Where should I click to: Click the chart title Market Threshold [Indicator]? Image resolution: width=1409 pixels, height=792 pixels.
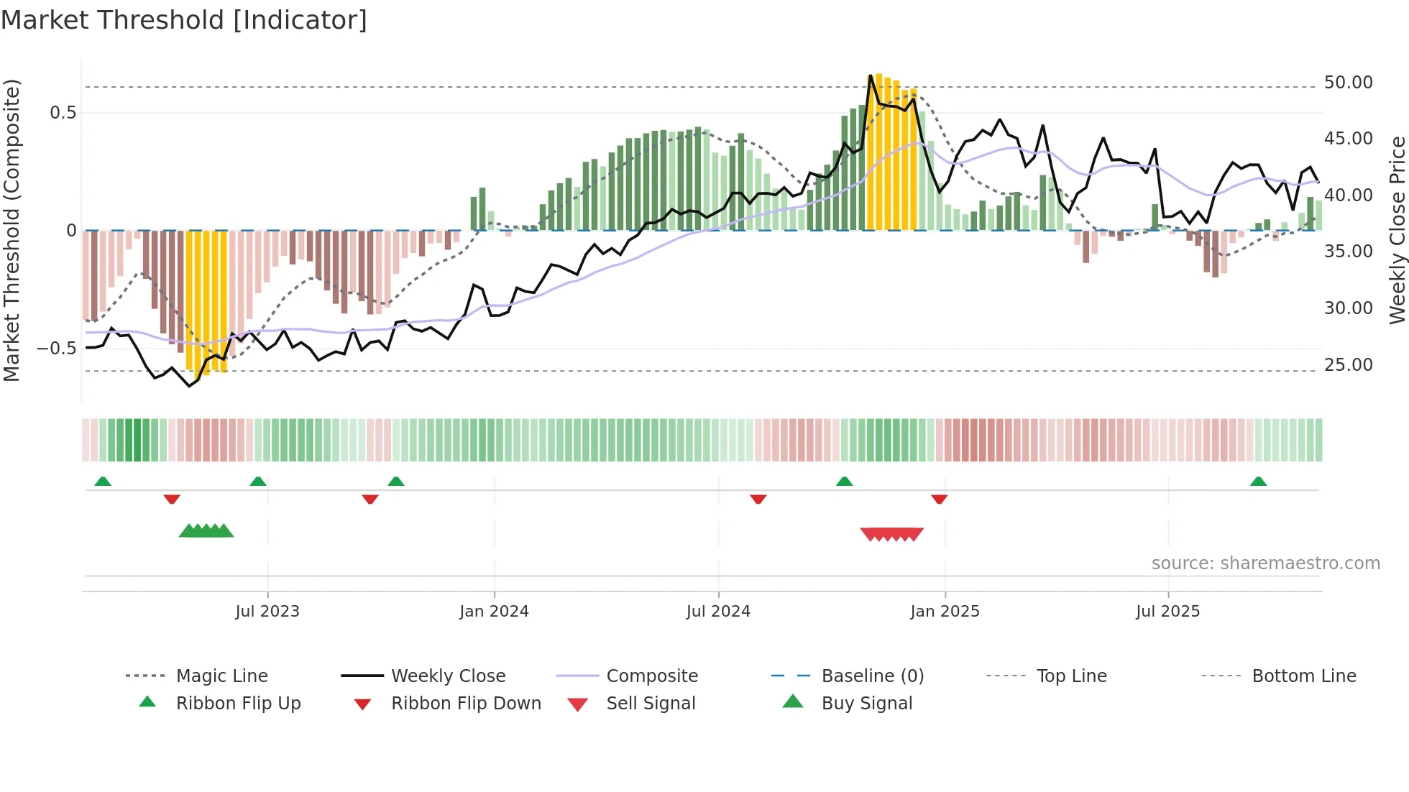pos(184,20)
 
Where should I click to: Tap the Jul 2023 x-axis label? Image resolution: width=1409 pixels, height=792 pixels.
pos(267,611)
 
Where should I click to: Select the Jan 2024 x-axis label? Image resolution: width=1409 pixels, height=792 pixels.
pos(494,611)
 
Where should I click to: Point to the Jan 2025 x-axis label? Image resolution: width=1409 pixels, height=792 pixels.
pos(945,611)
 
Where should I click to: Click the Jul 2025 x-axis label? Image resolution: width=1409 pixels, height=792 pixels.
pos(1167,611)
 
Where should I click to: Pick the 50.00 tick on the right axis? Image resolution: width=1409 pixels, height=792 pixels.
pos(1348,83)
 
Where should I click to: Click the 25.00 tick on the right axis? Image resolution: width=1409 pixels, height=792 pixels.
pos(1348,364)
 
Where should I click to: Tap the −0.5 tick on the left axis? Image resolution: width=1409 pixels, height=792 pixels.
pos(57,349)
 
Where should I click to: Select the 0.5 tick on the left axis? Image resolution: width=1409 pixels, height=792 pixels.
pos(63,113)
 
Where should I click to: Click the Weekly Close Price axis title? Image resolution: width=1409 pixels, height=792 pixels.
pos(1397,230)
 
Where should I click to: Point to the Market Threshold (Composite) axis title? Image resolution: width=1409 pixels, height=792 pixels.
pos(12,230)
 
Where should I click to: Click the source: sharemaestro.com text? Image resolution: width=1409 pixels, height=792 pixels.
pos(1265,563)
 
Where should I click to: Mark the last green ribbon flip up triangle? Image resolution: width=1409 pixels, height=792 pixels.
pos(1258,482)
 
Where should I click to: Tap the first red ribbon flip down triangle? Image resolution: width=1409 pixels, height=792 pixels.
pos(172,499)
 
